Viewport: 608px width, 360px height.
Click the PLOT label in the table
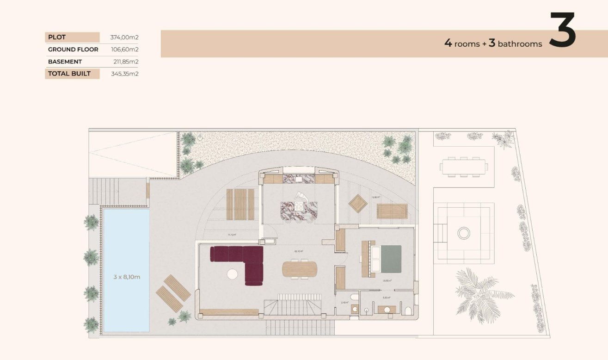tap(57, 37)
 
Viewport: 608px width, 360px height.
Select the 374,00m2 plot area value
tap(124, 37)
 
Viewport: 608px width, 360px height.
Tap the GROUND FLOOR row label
tap(73, 50)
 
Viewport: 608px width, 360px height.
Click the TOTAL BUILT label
tap(69, 74)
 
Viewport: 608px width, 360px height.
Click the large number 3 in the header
tap(562, 31)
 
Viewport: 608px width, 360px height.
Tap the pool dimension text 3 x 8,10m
tap(127, 277)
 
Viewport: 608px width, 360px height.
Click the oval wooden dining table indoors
tap(300, 269)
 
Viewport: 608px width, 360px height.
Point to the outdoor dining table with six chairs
tap(464, 167)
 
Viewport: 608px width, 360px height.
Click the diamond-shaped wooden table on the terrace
tap(358, 204)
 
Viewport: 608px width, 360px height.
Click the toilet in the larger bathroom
tap(407, 310)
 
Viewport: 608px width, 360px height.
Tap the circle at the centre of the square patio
tap(464, 233)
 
